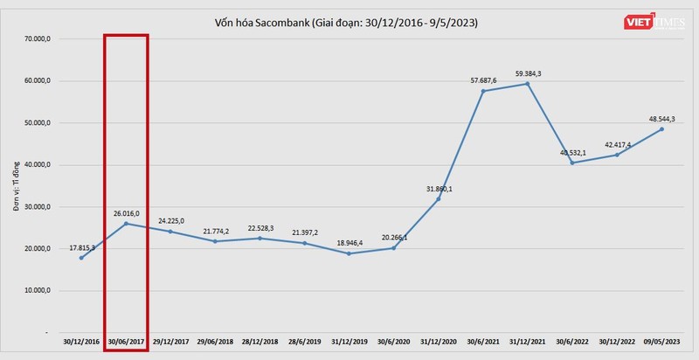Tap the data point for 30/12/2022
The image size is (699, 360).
pos(616,155)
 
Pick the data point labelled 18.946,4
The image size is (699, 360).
pos(349,253)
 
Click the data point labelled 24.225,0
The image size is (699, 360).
pos(170,231)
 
